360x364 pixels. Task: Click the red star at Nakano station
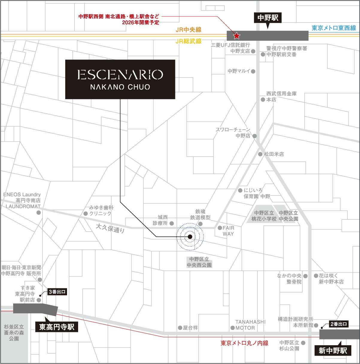pos(237,36)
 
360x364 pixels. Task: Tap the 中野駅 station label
pos(268,18)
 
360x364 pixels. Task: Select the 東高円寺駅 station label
pos(57,327)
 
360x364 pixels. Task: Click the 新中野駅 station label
pos(333,350)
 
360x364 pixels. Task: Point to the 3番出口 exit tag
pos(57,292)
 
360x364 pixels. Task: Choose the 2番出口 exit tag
pos(338,324)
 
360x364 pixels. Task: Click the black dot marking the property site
pos(190,237)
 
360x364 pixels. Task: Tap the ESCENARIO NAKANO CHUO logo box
pos(120,79)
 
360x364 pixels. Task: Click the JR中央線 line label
pos(189,30)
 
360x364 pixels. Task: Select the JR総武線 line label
pos(189,41)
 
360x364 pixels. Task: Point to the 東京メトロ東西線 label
pos(334,28)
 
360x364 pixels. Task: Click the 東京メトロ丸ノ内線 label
pos(244,343)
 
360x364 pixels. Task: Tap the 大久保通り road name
pos(110,228)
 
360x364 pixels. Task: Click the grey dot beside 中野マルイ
pos(253,71)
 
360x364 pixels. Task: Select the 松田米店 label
pos(274,154)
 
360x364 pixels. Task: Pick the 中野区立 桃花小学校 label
pos(264,216)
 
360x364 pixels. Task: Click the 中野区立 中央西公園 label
pos(199,262)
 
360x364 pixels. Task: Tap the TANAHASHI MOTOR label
pos(250,325)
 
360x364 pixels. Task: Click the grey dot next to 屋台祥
pos(180,328)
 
